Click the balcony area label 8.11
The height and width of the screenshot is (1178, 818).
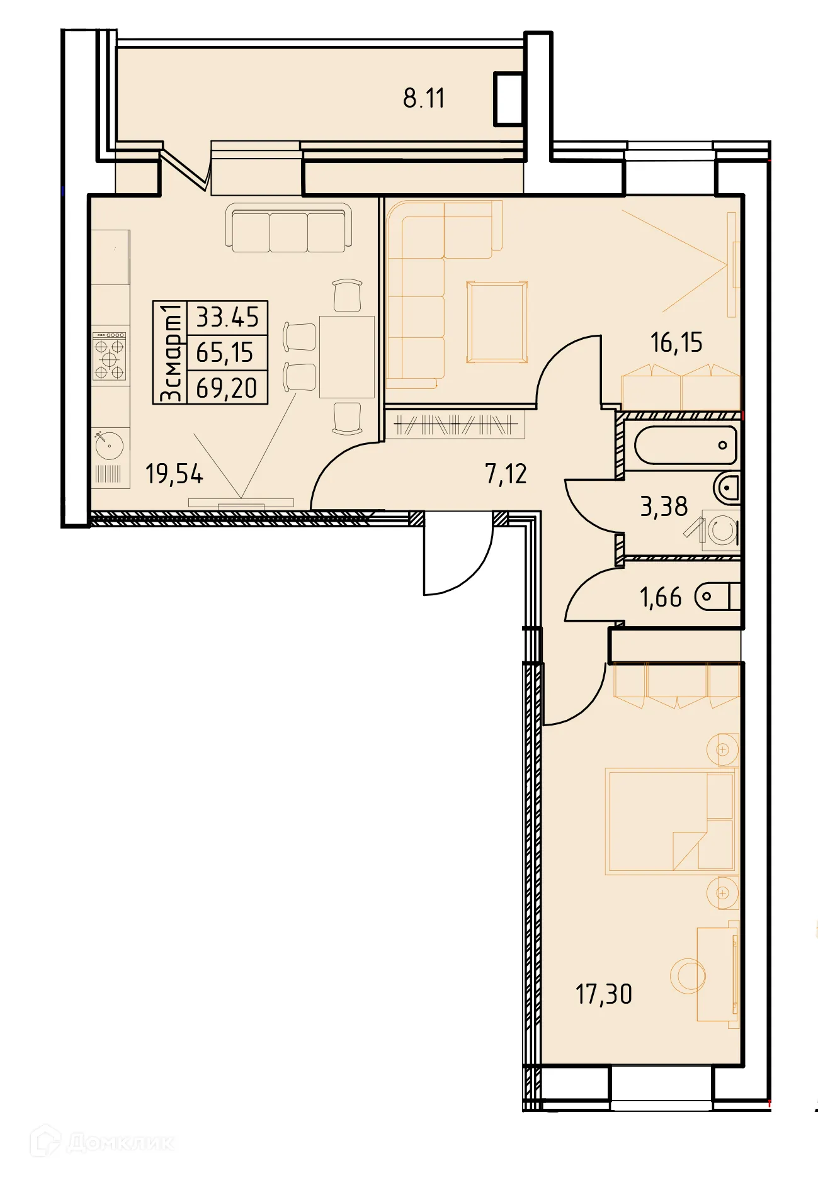424,99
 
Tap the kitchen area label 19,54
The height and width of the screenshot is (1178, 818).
174,474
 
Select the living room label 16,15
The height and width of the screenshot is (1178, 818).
676,342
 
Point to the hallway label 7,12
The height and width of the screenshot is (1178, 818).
506,474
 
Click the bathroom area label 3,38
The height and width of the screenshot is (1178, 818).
664,507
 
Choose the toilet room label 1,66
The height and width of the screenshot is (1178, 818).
661,597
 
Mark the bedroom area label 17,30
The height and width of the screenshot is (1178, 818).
603,994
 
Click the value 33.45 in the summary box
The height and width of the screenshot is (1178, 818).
227,318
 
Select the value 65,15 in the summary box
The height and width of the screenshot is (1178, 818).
225,353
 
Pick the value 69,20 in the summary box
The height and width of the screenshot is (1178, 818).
227,388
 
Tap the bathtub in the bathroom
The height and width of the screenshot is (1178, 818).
685,446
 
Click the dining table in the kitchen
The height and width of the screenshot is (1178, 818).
346,357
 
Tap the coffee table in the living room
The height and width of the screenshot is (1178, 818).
496,322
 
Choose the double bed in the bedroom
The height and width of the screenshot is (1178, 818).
670,821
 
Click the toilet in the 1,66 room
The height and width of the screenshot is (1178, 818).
717,597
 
